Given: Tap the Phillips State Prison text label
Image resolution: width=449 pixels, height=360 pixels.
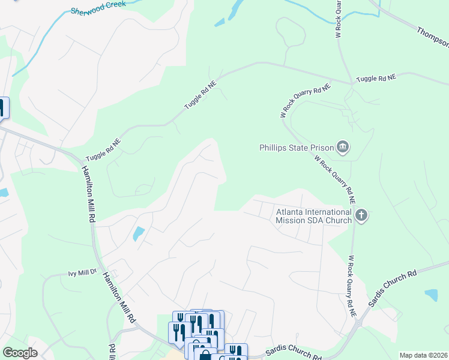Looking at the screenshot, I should coord(296,148).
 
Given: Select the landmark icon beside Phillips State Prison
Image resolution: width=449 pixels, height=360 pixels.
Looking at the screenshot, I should coord(343,147).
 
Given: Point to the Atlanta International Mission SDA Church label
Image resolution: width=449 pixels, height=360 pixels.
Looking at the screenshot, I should coord(313,216).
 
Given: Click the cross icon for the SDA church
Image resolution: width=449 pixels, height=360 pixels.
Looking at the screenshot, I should coord(361,215).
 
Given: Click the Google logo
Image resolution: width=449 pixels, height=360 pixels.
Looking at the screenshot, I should coord(20,353).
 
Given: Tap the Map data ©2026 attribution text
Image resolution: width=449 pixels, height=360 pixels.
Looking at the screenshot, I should coord(423,355).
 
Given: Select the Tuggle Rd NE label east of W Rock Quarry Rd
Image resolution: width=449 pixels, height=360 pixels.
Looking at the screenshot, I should coord(376,79).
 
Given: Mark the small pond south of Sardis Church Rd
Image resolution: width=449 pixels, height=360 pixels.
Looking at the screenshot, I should coord(431,295).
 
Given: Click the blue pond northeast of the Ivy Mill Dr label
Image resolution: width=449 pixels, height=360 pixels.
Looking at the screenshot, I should coord(139,233).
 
